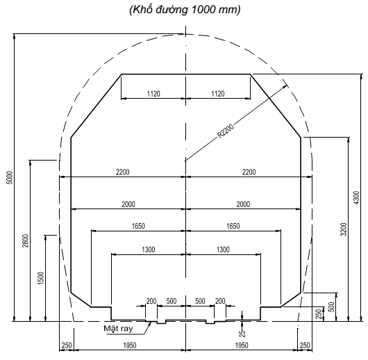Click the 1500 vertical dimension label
point(41,279)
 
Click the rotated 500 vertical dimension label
point(331,306)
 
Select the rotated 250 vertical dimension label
point(319,314)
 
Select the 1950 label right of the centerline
point(241,345)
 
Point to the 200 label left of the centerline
point(151,302)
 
